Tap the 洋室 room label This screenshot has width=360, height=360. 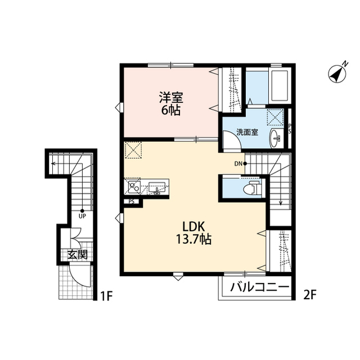tap(170, 97)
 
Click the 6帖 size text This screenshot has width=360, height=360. tap(170, 110)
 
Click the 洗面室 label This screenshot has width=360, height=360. tap(247, 133)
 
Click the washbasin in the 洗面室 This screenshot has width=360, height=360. tap(276, 137)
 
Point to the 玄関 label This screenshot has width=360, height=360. tap(78, 254)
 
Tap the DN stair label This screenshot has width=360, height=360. tap(238, 164)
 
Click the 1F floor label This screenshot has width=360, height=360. tap(107, 294)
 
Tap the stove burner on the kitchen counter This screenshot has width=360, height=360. tap(133, 186)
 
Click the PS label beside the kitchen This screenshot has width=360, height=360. tap(131, 201)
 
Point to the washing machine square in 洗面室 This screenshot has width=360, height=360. tap(274, 116)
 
